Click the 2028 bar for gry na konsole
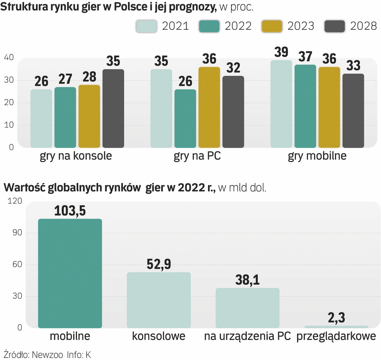click(x=113, y=108)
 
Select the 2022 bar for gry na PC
click(x=185, y=118)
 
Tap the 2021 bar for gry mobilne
click(x=281, y=104)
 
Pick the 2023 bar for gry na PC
click(x=209, y=107)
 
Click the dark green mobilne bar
click(x=70, y=273)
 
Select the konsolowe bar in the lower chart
click(x=159, y=300)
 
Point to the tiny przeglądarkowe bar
click(x=336, y=327)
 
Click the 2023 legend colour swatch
click(x=272, y=26)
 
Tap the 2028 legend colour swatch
click(x=334, y=26)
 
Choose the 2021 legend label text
click(x=175, y=26)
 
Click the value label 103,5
click(x=70, y=211)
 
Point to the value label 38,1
click(x=247, y=280)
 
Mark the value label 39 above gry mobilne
click(x=281, y=52)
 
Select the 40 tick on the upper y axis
click(x=9, y=57)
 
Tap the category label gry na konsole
click(x=76, y=156)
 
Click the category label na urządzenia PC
click(x=247, y=336)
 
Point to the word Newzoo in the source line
click(x=48, y=355)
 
